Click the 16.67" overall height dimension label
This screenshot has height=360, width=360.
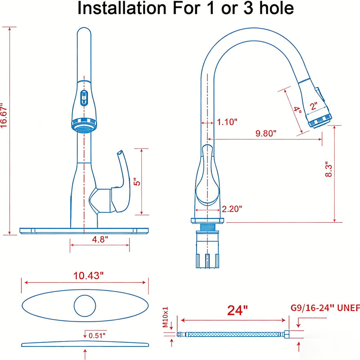pyautogui.click(x=4, y=115)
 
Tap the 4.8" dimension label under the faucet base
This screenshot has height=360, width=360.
pyautogui.click(x=100, y=239)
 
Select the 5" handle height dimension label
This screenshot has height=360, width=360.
pyautogui.click(x=137, y=182)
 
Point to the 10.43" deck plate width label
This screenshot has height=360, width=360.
pyautogui.click(x=88, y=275)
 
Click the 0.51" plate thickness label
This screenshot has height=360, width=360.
pyautogui.click(x=97, y=336)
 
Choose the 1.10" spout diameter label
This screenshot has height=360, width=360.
pyautogui.click(x=227, y=122)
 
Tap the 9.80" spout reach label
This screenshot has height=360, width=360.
pyautogui.click(x=266, y=133)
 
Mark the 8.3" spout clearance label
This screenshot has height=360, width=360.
pyautogui.click(x=328, y=170)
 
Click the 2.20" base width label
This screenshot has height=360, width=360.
pyautogui.click(x=232, y=209)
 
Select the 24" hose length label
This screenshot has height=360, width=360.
pyautogui.click(x=238, y=310)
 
